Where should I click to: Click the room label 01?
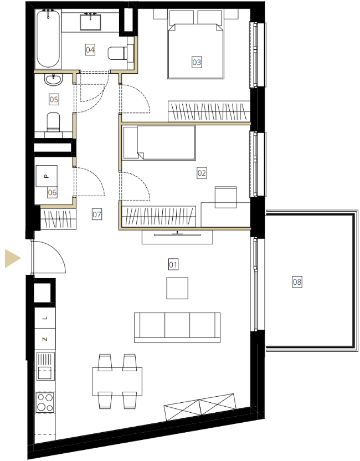tap(173, 264)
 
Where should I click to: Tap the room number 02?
tap(202, 172)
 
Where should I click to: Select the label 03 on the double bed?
tap(197, 62)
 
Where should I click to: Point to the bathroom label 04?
tap(90, 49)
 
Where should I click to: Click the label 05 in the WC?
tap(54, 99)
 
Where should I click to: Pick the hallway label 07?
tap(97, 214)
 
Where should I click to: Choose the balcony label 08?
tap(297, 282)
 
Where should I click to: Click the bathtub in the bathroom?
tap(48, 39)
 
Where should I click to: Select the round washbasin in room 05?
tap(54, 79)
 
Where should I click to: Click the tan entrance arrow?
tap(12, 258)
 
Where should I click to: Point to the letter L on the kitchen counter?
tap(45, 318)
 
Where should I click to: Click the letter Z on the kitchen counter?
tap(45, 339)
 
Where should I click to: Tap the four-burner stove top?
tap(45, 402)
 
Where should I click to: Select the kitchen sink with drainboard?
tap(45, 367)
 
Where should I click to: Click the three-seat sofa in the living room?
tap(177, 327)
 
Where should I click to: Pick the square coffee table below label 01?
tap(177, 288)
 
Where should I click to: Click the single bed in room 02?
tap(160, 143)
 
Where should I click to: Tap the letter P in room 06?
tap(46, 176)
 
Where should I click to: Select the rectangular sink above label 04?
tap(90, 22)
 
